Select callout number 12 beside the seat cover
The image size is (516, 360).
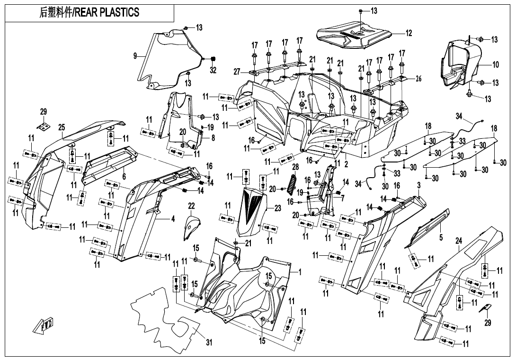(409, 33)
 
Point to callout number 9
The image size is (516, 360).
(135, 56)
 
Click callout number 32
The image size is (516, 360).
(213, 70)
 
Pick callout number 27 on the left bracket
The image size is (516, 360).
(237, 72)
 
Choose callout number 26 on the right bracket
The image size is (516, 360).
(418, 79)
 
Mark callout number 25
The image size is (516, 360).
(62, 127)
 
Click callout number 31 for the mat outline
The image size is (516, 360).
(209, 342)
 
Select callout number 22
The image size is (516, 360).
(191, 206)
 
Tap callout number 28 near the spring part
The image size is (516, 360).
(295, 168)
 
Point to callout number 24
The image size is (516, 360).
(458, 241)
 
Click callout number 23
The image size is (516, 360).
(277, 207)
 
